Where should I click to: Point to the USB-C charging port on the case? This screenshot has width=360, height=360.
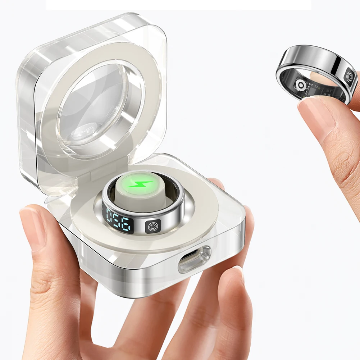194,259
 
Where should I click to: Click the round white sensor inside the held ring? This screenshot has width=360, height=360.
301,85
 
